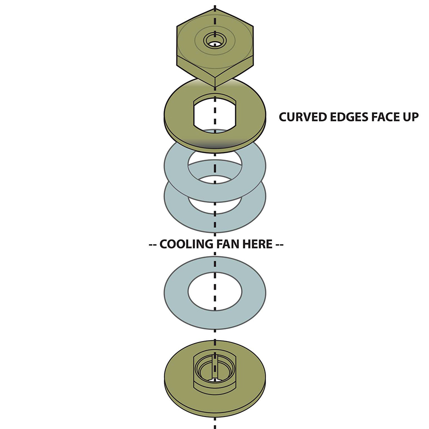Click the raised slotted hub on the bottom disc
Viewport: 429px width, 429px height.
pyautogui.click(x=214, y=369)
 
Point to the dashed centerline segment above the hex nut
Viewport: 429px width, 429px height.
pyautogui.click(x=214, y=13)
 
